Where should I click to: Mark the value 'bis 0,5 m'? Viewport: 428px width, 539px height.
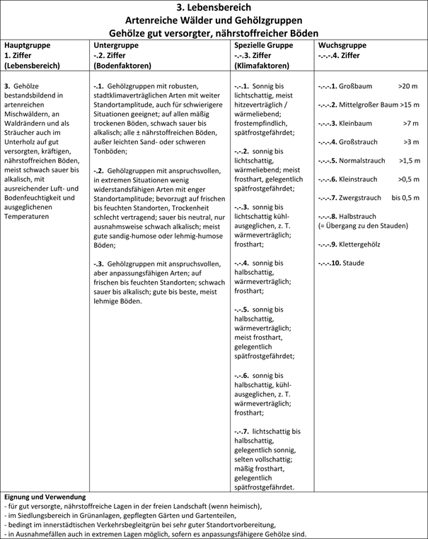tap(405, 198)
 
